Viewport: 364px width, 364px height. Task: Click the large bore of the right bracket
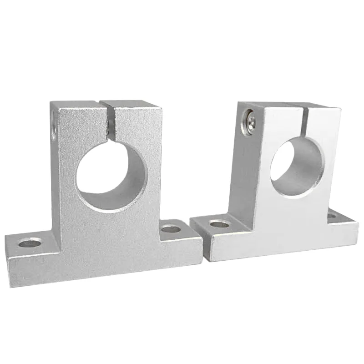297,167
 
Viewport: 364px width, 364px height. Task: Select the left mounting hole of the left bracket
30,243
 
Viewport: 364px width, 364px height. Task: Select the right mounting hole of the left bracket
171,228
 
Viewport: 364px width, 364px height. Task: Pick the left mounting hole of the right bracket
220,223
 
